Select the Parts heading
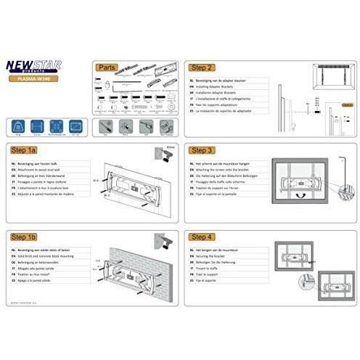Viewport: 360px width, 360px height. click(x=107, y=66)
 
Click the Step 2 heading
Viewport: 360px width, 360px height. click(x=201, y=66)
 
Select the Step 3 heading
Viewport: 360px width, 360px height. click(x=201, y=150)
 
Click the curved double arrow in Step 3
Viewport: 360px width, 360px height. click(x=298, y=194)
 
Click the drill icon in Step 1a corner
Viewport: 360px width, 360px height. click(x=165, y=154)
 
